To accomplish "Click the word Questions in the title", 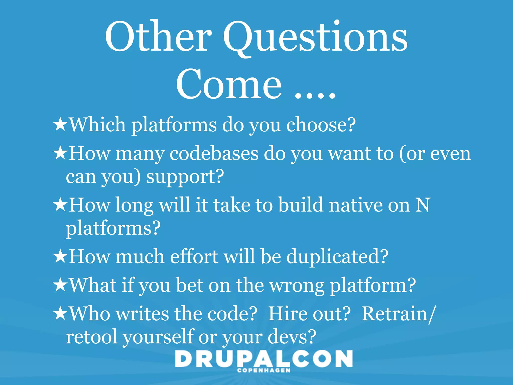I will click(315, 38).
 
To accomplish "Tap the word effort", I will click(194, 256).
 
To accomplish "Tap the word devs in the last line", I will click(292, 337).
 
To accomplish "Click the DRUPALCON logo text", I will click(264, 359).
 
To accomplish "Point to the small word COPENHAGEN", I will click(264, 370).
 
